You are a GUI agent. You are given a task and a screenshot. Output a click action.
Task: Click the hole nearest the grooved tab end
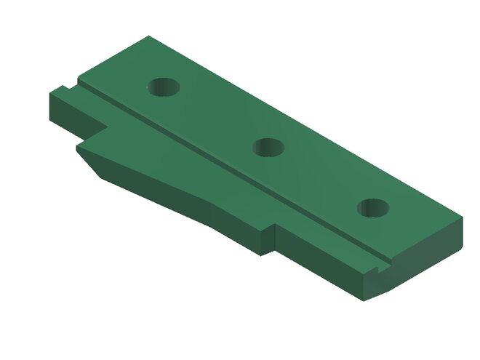click(x=164, y=88)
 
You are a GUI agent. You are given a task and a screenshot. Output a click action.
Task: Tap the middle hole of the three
click(x=268, y=148)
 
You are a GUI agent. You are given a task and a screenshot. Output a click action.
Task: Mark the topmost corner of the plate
click(x=150, y=36)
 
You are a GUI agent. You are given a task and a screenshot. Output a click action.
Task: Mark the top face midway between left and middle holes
click(x=216, y=116)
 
